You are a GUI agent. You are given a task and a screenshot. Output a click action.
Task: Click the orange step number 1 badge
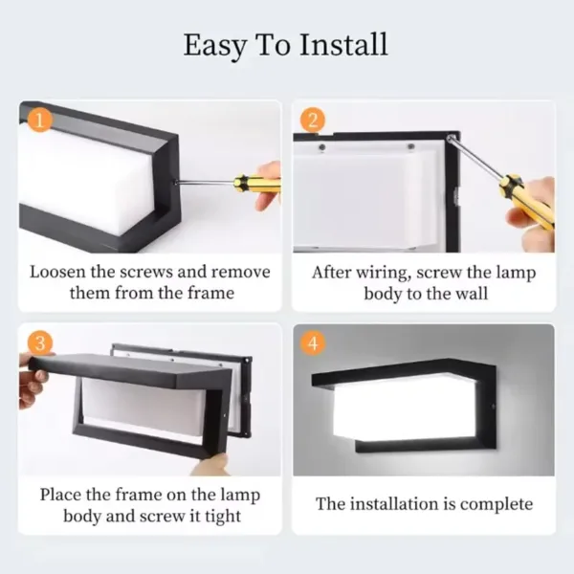click(39, 121)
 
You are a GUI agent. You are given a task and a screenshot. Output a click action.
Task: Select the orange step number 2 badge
click(312, 121)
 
